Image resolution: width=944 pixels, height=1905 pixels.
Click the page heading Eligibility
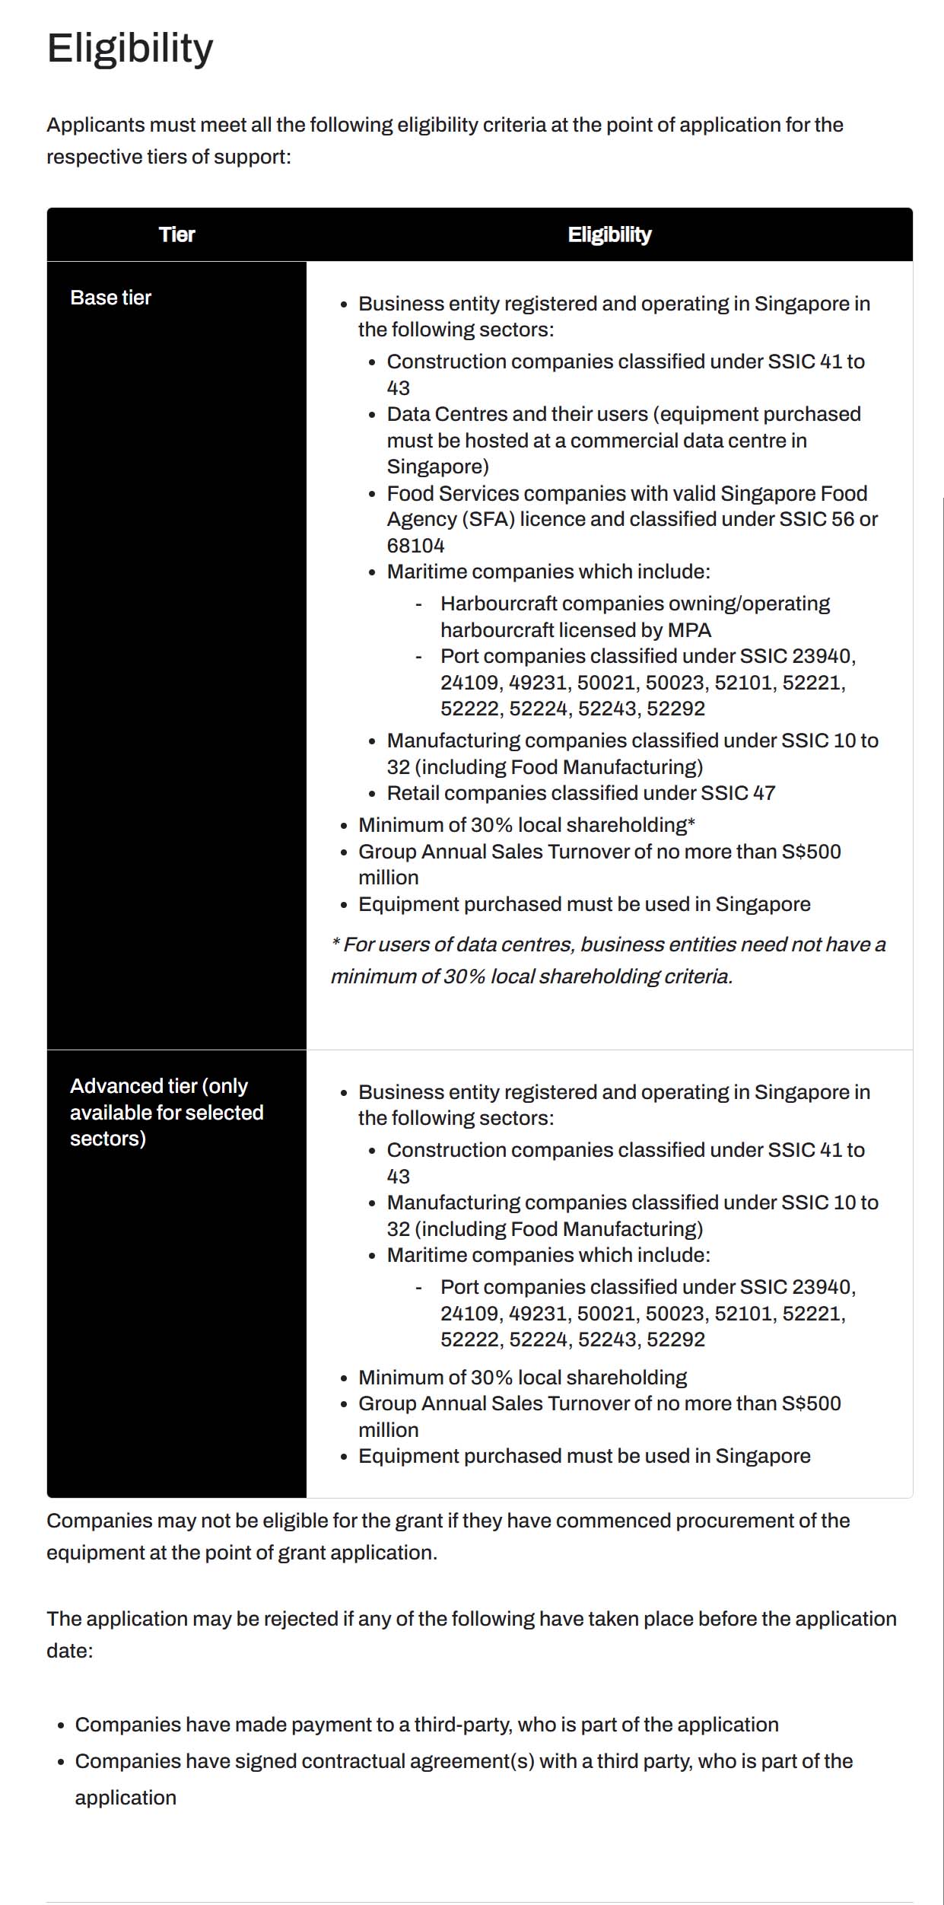pos(130,49)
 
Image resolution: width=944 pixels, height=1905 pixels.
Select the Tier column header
pos(176,234)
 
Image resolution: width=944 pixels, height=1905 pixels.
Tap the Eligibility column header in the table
pos(609,234)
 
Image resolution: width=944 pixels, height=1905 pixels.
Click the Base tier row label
pos(110,298)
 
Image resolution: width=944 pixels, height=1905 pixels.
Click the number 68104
pos(415,546)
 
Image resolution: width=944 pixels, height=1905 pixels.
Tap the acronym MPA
pos(689,630)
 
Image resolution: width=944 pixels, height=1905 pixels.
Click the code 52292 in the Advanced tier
pos(675,1340)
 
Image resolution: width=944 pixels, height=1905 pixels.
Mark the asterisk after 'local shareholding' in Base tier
pos(691,823)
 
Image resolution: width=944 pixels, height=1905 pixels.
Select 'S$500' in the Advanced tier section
pos(811,1403)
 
